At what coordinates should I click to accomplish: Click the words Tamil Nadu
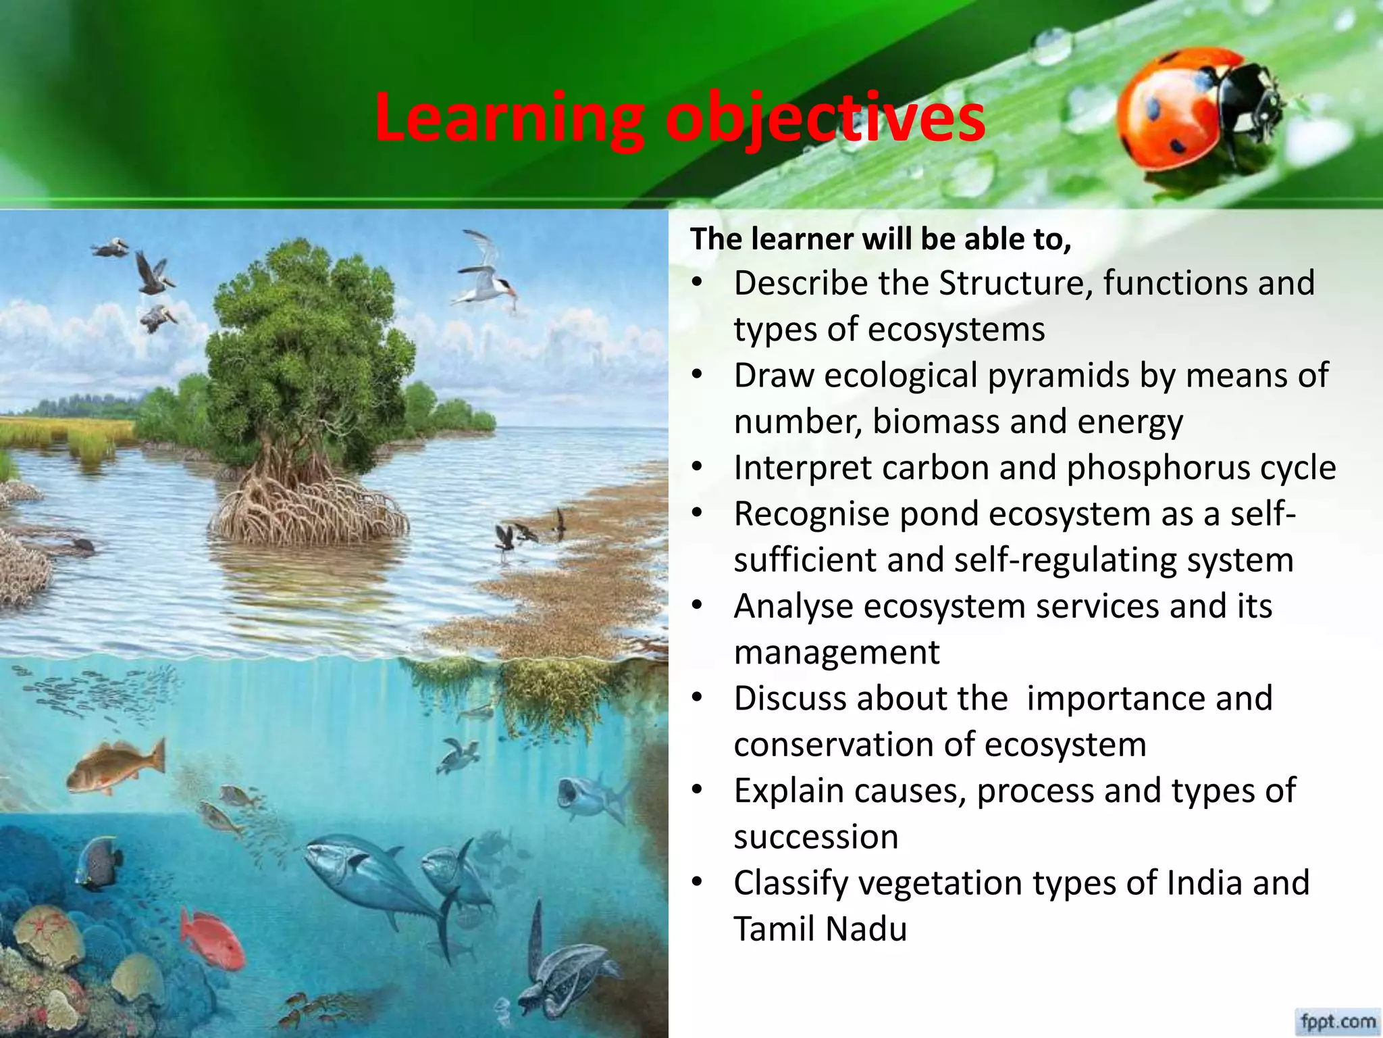pos(820,929)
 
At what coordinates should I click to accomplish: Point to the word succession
pos(816,837)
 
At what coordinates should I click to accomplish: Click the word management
pos(836,652)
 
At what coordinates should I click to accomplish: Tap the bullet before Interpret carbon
pos(698,468)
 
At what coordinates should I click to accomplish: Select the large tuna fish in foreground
pos(378,879)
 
